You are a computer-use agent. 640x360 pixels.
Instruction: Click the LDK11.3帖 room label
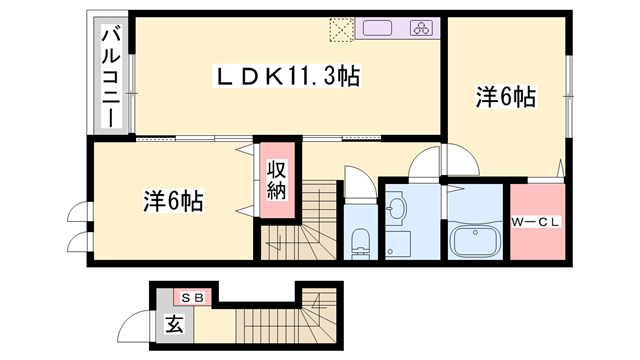coord(287,76)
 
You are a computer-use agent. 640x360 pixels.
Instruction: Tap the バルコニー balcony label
coord(111,76)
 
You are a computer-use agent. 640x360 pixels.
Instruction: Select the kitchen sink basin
coord(378,28)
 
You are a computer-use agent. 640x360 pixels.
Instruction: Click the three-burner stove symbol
coord(421,28)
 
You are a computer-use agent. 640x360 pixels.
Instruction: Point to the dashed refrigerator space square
coord(342,29)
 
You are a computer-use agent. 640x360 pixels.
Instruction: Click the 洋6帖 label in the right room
coord(506,97)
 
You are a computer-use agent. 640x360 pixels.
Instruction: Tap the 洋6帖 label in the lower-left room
coord(173,201)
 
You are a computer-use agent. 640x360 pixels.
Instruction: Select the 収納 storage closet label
coord(277,180)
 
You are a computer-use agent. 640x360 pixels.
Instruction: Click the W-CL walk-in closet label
coord(536,222)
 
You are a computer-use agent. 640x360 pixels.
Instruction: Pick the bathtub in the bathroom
coord(475,242)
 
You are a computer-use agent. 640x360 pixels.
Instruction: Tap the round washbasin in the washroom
coord(396,209)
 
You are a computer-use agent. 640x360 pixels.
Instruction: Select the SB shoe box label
coord(192,298)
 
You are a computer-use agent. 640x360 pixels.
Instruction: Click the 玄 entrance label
coord(174,324)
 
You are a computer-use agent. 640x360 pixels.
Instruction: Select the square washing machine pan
coord(398,244)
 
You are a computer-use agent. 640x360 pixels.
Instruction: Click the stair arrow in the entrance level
coord(318,301)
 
